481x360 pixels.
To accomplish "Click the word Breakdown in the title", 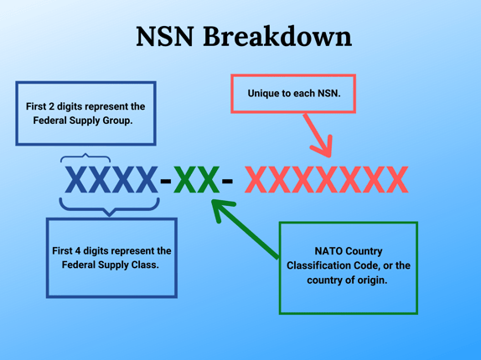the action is [277, 37].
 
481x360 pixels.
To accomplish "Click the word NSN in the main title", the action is [165, 37].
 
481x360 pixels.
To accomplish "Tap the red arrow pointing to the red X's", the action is [318, 135].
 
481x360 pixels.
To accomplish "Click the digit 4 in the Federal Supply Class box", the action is [78, 251].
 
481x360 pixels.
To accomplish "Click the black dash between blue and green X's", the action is [166, 181].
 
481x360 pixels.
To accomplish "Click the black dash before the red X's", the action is [227, 181].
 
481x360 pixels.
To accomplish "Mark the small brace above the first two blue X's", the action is [85, 156].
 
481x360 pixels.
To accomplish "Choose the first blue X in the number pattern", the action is [76, 179].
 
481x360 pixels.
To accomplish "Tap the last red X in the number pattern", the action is [397, 179].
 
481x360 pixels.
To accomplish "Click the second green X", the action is [209, 179].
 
